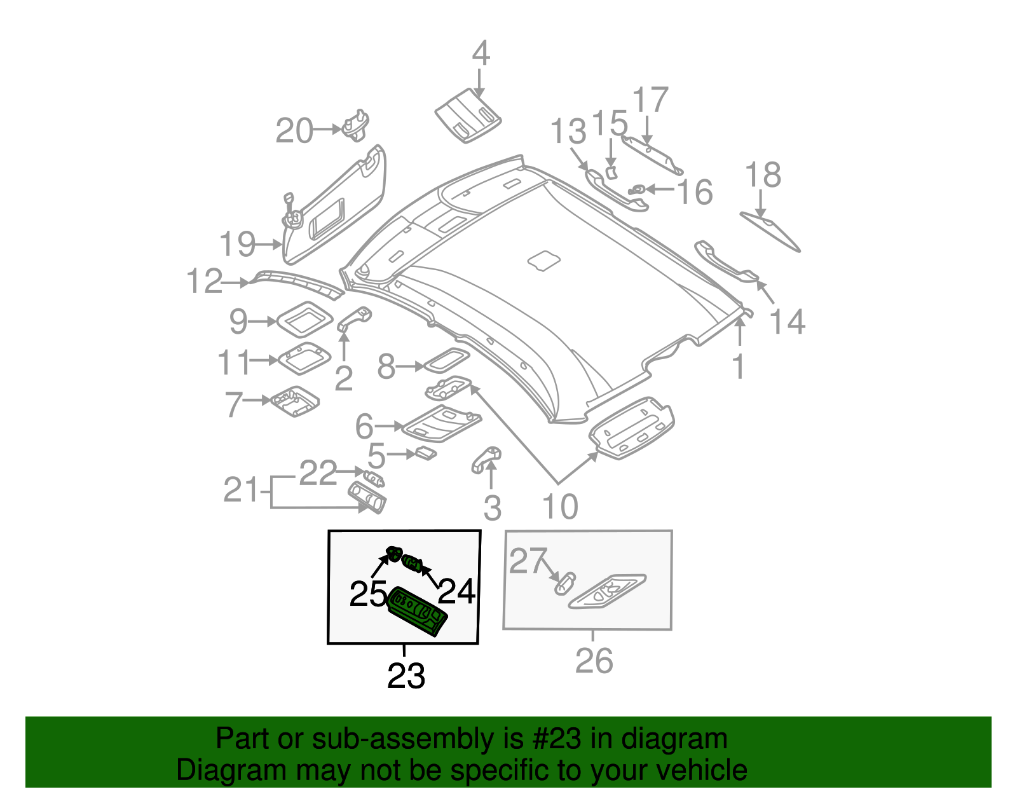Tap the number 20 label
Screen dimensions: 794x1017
coord(294,131)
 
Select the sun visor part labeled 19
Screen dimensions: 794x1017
coord(334,207)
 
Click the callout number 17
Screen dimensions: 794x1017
coord(650,100)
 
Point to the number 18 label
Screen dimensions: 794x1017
coord(763,175)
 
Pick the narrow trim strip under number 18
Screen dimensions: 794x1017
coord(770,232)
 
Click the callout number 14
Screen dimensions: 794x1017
coord(788,322)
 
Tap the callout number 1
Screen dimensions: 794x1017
coord(738,367)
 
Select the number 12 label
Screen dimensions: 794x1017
coord(205,282)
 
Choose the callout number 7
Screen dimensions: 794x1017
coord(234,404)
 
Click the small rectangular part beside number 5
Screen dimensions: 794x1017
coord(425,453)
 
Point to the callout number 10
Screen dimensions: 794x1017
coord(560,507)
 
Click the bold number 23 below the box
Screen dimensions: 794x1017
coord(406,676)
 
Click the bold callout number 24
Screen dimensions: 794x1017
coord(457,592)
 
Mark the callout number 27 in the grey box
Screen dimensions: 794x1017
coord(528,561)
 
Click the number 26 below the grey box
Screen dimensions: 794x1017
coord(594,661)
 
